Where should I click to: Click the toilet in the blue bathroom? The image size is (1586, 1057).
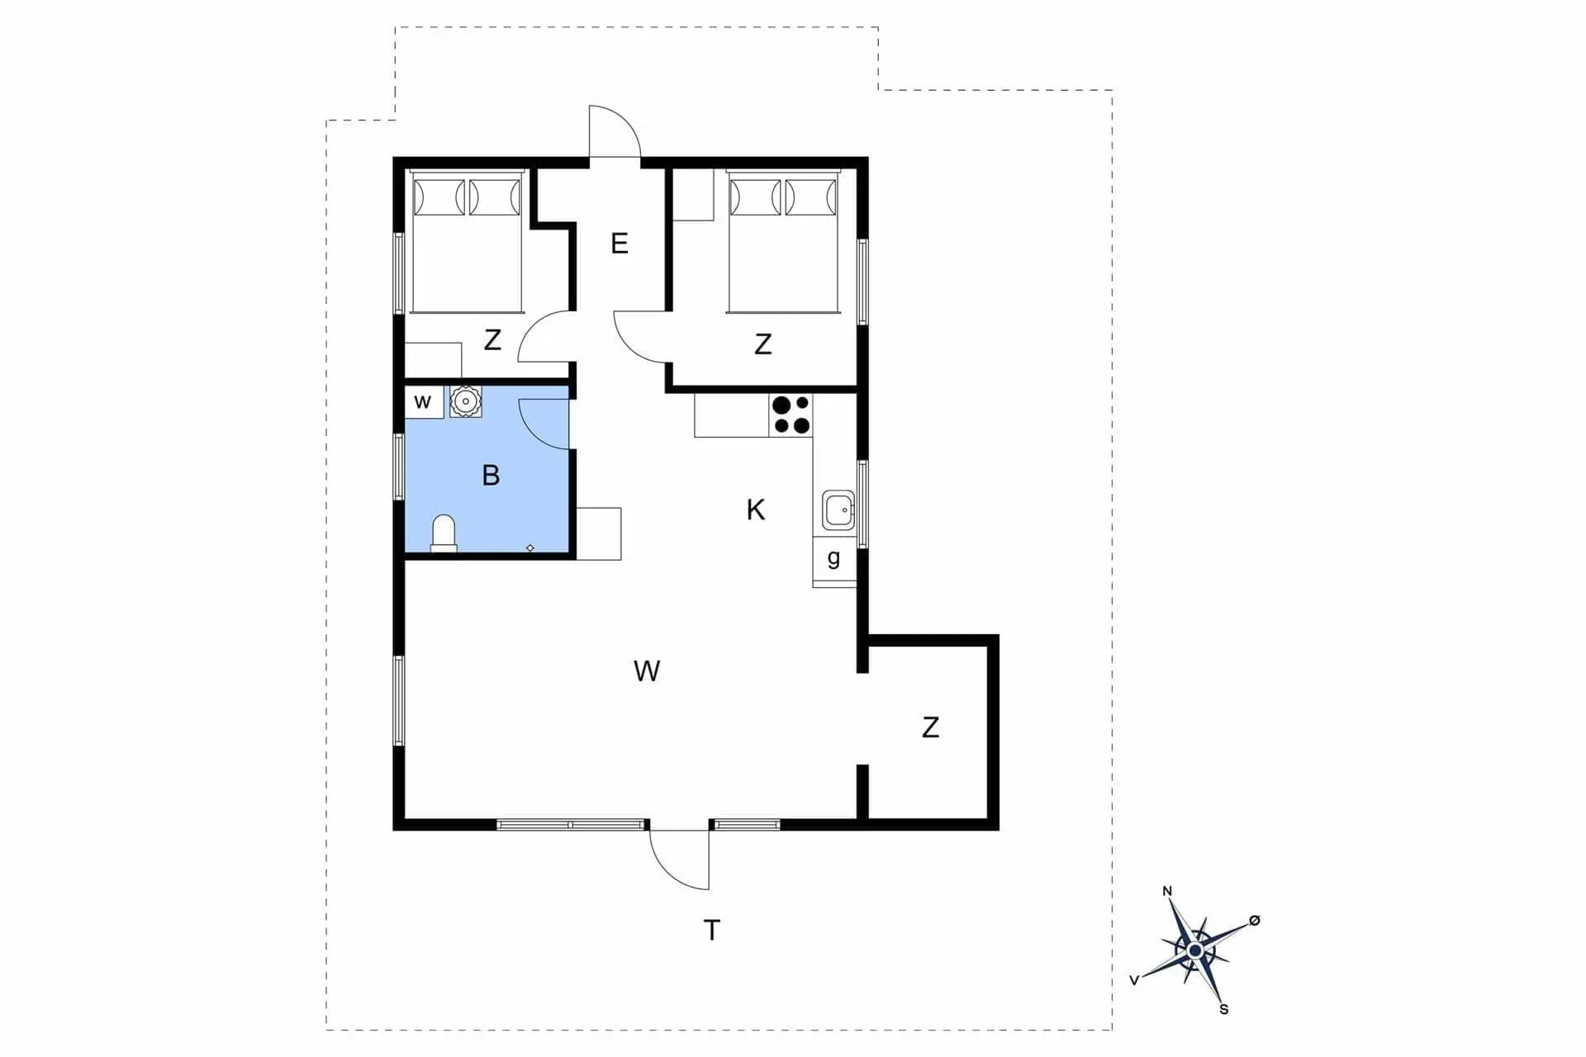[x=444, y=533]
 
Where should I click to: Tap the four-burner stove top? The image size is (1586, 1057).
[x=791, y=415]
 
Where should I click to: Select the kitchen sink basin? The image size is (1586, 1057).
[x=838, y=510]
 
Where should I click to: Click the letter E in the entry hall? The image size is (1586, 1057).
[x=620, y=244]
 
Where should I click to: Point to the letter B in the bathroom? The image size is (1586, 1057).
[x=491, y=476]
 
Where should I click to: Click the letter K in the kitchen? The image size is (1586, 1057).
[x=755, y=510]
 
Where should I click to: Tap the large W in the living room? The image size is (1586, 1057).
[x=647, y=671]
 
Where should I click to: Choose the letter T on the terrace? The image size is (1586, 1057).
[x=712, y=931]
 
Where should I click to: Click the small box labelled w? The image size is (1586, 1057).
[x=424, y=402]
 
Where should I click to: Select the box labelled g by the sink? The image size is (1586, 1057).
[x=834, y=560]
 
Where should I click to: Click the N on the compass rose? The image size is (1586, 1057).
[x=1167, y=891]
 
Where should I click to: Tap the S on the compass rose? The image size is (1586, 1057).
[x=1224, y=1009]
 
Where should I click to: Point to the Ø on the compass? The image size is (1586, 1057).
[x=1255, y=920]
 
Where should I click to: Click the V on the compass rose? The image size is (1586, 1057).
[x=1134, y=980]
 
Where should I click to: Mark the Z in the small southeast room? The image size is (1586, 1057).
[x=930, y=728]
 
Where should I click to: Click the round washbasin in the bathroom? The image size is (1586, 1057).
[x=466, y=401]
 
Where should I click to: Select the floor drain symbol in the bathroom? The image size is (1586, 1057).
[x=530, y=547]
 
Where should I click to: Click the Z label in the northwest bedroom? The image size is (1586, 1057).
[x=492, y=339]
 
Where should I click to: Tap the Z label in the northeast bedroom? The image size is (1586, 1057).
[x=763, y=344]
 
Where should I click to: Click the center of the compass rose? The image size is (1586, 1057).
[x=1194, y=951]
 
